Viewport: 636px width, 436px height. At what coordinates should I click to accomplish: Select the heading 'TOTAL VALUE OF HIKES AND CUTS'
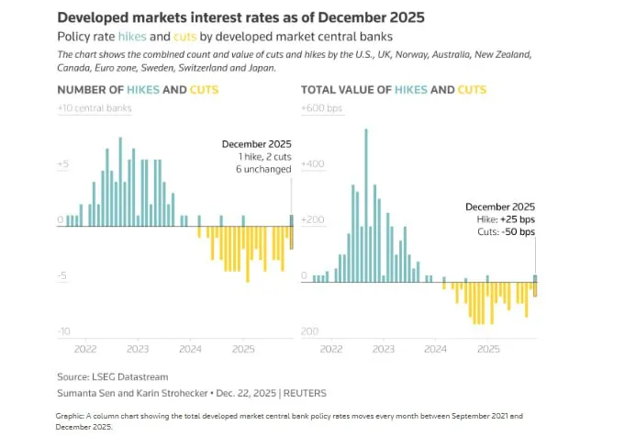coord(394,90)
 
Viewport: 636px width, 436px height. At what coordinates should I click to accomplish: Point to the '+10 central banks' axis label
coord(95,108)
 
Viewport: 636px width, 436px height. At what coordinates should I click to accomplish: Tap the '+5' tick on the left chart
coord(63,164)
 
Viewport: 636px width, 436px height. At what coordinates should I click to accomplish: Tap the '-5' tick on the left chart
coord(64,275)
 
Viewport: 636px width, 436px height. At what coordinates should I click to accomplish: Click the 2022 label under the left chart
coord(85,350)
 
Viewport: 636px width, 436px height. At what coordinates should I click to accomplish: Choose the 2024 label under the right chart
coord(436,350)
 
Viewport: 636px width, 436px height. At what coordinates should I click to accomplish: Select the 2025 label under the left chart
coord(243,350)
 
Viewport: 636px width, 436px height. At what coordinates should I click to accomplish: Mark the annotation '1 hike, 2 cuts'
coord(257,157)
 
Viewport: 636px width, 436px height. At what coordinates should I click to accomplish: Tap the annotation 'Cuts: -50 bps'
coord(507,232)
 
